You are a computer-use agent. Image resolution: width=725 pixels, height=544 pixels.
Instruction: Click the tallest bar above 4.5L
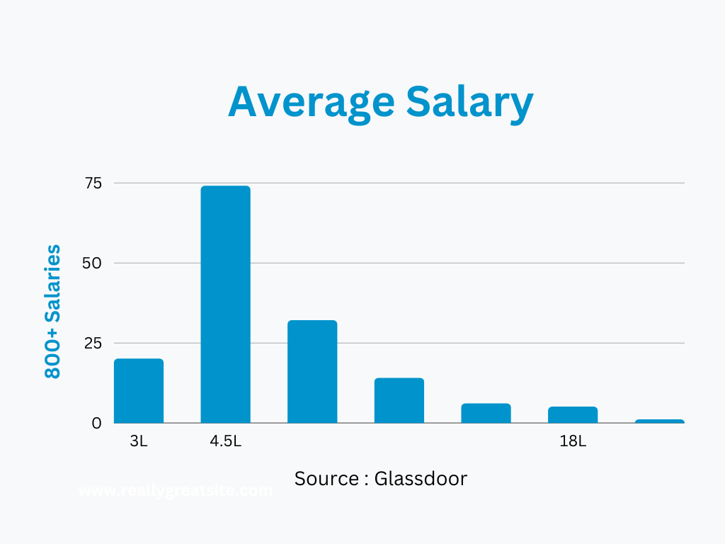click(225, 305)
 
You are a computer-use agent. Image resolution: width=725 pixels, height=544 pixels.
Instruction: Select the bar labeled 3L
click(139, 391)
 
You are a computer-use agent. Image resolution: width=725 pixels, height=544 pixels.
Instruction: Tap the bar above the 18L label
click(573, 415)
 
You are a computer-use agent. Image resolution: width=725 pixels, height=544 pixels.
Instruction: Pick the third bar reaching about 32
click(312, 372)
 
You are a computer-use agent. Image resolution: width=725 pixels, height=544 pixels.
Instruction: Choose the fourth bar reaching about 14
click(399, 401)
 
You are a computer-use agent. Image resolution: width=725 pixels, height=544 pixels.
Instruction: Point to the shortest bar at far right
click(659, 421)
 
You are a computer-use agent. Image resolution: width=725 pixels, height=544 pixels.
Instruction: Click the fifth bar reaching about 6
click(486, 414)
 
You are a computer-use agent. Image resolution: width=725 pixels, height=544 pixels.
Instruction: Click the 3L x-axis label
click(139, 442)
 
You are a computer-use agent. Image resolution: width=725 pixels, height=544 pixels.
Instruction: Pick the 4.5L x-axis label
click(225, 442)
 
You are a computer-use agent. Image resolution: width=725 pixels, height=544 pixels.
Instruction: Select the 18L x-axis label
click(573, 442)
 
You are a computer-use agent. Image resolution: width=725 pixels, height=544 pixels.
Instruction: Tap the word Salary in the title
click(470, 101)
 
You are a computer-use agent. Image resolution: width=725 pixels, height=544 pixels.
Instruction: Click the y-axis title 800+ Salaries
click(53, 312)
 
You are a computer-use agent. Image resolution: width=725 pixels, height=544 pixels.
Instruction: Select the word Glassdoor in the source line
click(421, 479)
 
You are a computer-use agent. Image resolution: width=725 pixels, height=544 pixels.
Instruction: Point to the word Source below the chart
click(326, 479)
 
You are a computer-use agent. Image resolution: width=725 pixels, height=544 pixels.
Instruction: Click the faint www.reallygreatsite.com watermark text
click(176, 491)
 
